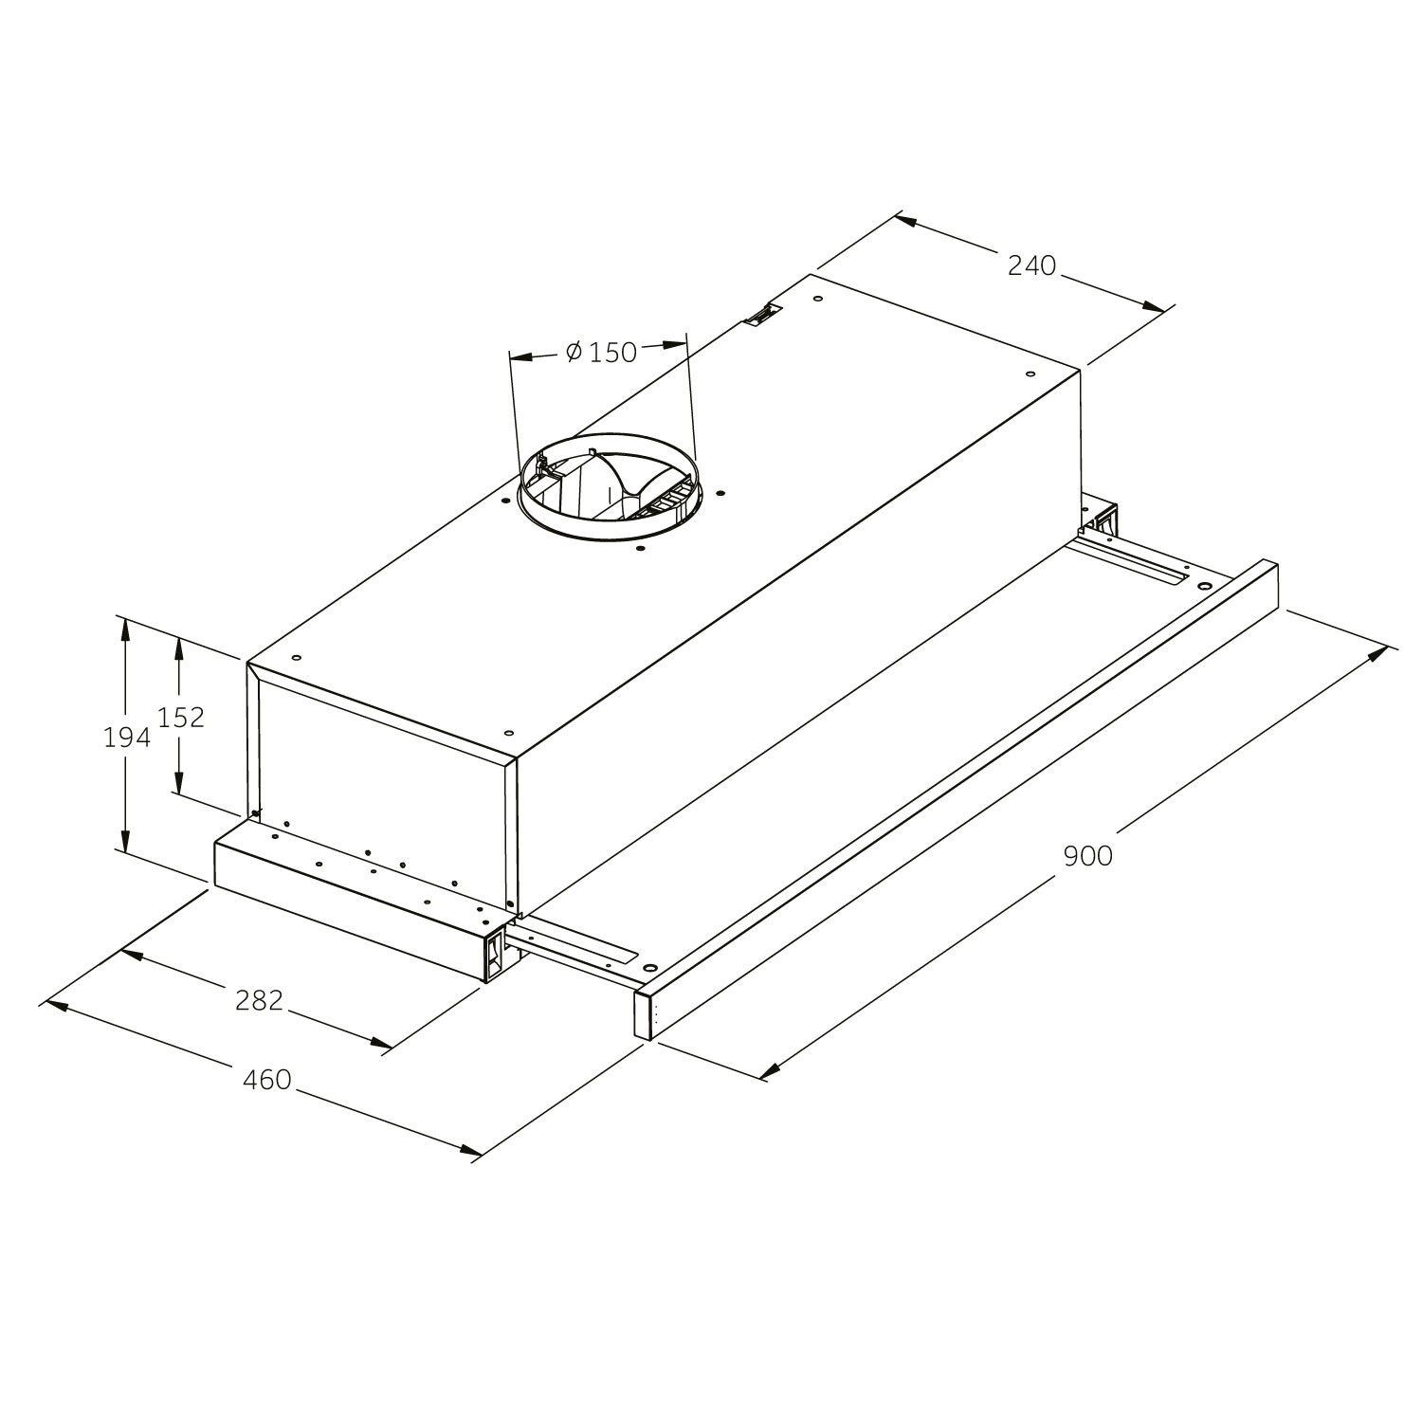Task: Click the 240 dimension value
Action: pos(1031,265)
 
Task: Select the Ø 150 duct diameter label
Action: pos(601,353)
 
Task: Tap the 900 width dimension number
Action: pos(1087,856)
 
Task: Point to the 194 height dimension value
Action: pos(126,737)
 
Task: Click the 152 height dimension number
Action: pos(181,718)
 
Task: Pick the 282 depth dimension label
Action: pos(260,999)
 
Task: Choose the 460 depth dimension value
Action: pos(267,1079)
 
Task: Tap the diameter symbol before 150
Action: pos(574,353)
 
